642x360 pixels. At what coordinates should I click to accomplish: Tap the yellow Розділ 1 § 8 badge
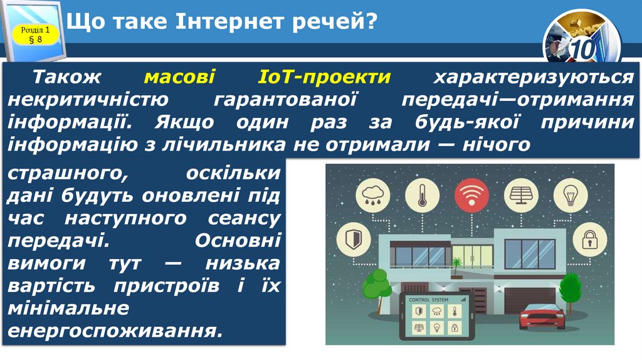(x=35, y=34)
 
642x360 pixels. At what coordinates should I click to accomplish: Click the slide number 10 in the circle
(x=581, y=50)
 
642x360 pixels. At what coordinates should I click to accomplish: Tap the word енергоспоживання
(x=115, y=329)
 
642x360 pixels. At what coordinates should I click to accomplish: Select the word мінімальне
(x=69, y=307)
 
